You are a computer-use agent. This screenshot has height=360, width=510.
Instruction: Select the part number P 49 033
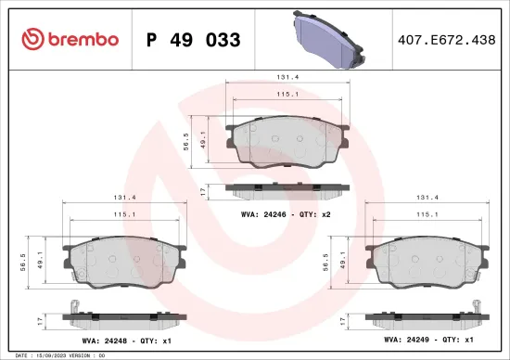(x=194, y=40)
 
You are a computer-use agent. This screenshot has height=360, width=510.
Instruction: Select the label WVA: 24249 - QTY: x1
(x=422, y=341)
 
